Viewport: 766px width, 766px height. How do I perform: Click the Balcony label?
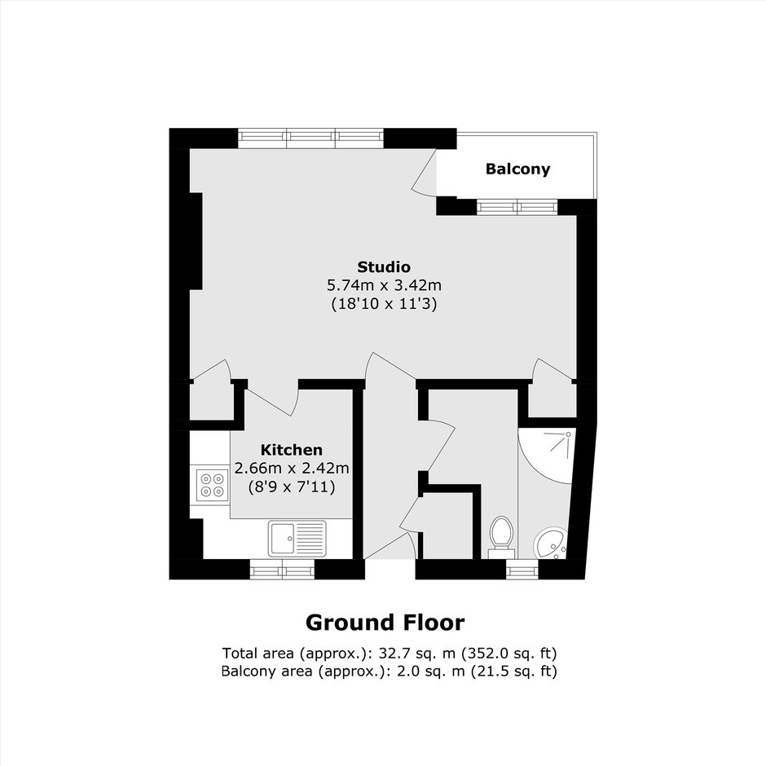517,169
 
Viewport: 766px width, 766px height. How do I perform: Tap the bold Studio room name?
384,267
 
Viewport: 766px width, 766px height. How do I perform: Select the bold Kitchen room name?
292,450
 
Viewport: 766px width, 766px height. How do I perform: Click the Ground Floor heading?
385,623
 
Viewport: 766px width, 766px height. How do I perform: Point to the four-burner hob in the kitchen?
213,485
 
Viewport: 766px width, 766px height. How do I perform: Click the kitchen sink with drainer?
297,539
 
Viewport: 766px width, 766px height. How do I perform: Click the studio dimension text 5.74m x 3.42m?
384,285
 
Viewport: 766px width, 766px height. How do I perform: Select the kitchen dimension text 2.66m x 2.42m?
292,469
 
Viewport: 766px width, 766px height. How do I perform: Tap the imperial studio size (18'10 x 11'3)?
384,304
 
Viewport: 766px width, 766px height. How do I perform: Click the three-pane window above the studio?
311,139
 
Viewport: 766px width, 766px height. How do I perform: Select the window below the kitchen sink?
283,570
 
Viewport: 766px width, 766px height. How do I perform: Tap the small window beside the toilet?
522,570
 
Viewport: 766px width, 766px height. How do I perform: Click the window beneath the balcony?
517,207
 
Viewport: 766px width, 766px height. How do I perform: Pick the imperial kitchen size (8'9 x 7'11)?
292,487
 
